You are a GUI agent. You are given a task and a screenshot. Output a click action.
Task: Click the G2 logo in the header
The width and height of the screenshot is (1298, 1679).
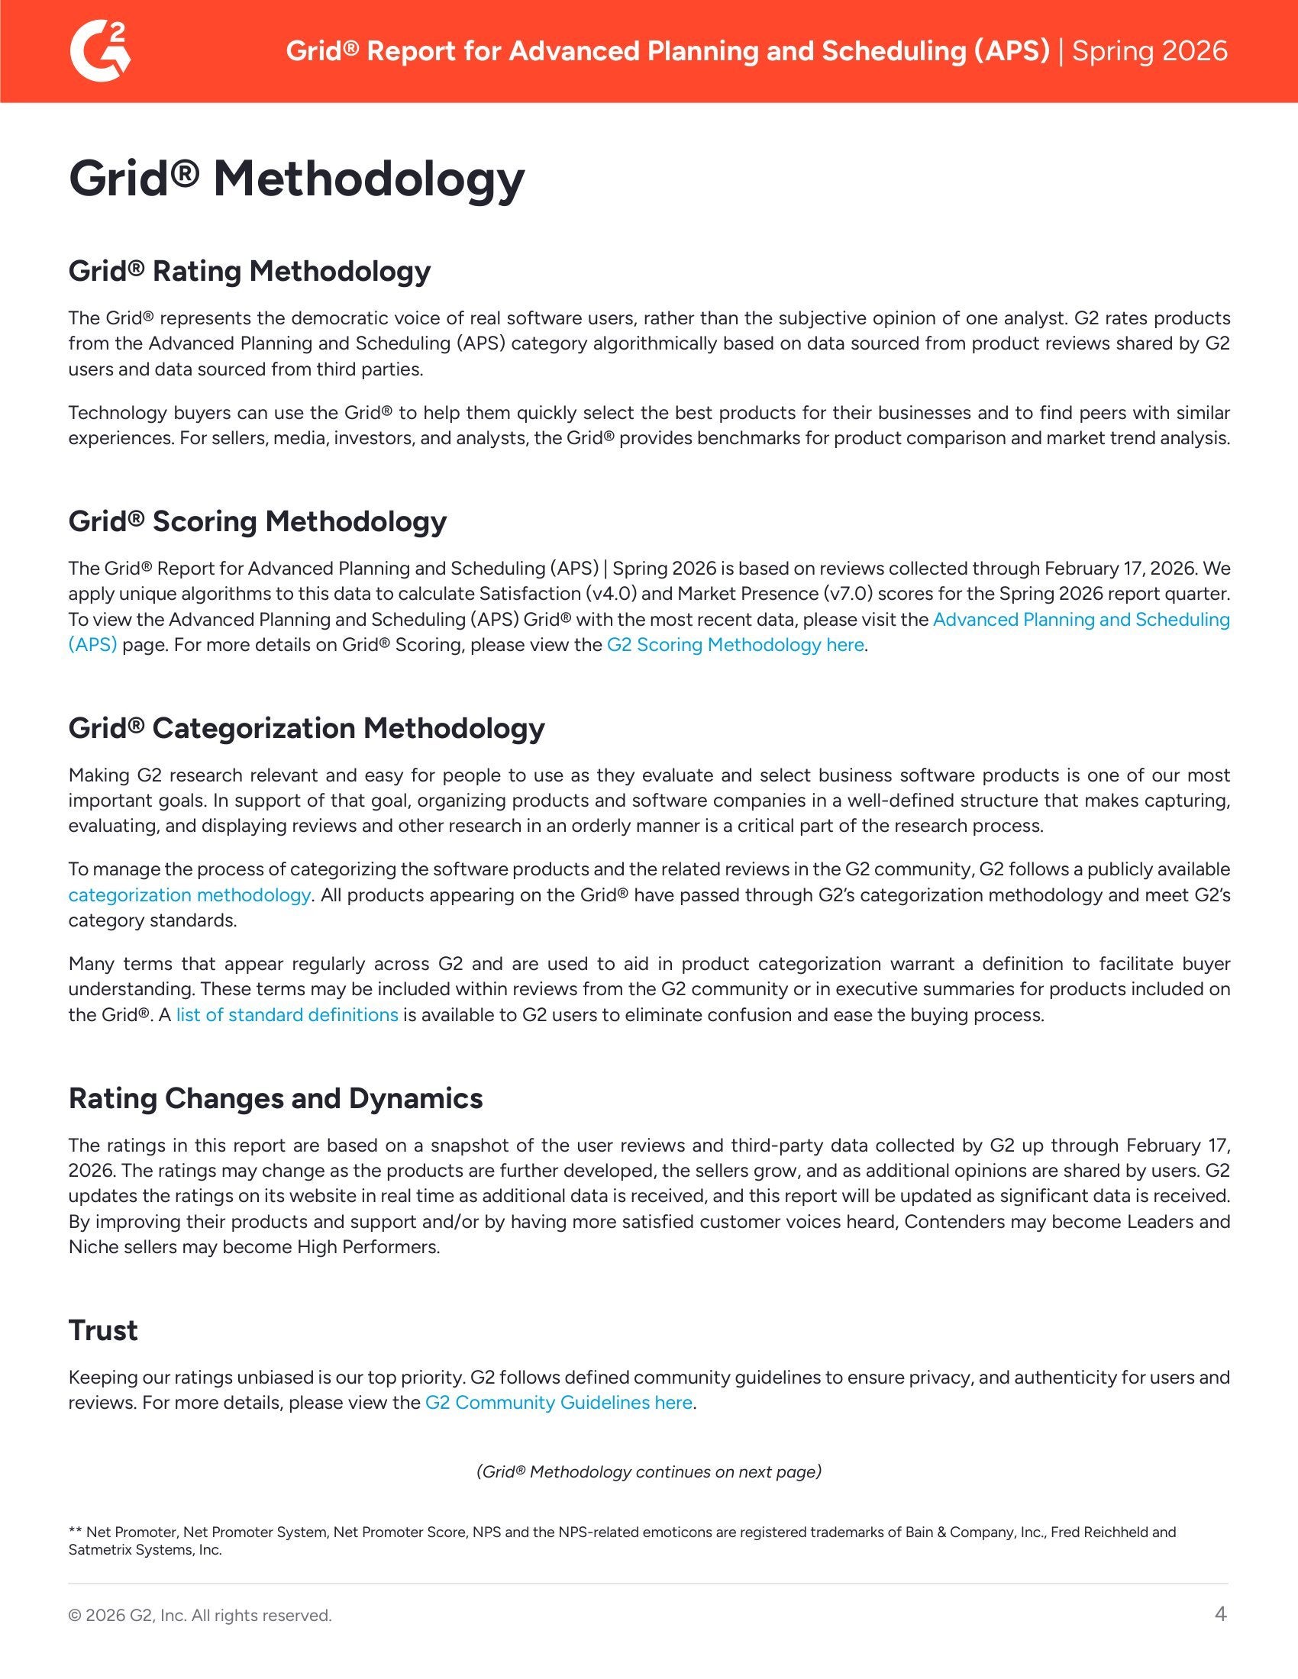coord(100,50)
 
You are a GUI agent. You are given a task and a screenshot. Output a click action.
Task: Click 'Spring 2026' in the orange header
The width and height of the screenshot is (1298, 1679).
coord(1150,50)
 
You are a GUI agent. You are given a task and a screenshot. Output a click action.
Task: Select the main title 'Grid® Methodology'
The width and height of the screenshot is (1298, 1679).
coord(296,179)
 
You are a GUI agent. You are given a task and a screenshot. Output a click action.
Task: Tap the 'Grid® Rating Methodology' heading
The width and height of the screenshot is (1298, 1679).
coord(249,271)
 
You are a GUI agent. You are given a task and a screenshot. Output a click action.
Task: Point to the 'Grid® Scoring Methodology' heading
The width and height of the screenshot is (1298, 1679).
coord(257,521)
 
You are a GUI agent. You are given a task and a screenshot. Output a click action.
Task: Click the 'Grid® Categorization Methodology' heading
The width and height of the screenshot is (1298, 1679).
coord(306,728)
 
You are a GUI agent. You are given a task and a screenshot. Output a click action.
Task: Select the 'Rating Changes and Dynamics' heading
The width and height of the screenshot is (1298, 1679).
coord(276,1097)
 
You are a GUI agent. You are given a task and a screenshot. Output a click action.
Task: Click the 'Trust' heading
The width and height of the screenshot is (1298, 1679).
coord(103,1330)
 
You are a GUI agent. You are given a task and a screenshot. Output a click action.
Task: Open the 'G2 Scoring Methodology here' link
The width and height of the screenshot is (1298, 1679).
coord(736,644)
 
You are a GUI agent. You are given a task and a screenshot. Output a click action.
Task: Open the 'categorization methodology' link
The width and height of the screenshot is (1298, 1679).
coord(189,895)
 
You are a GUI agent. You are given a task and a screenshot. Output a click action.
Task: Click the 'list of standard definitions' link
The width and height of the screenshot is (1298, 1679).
coord(287,1015)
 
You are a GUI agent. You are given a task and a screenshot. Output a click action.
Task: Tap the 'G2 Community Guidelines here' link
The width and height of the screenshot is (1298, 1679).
coord(558,1402)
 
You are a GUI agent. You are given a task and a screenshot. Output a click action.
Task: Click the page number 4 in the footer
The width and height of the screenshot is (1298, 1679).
coord(1220,1613)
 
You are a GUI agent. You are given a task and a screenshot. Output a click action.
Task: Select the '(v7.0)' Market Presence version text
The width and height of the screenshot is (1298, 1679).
coord(847,594)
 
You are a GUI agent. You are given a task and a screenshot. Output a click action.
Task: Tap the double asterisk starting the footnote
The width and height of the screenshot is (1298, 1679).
coord(76,1532)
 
